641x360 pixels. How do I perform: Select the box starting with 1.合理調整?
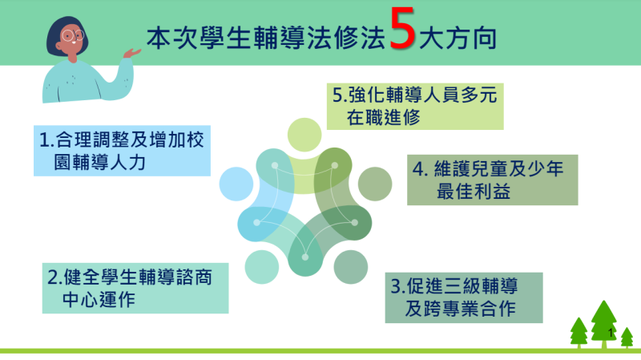click(x=122, y=150)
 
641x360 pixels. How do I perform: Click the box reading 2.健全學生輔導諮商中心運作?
click(x=135, y=289)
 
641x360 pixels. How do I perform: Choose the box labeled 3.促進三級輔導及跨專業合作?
click(x=463, y=297)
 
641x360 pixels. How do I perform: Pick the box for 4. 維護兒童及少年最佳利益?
click(x=492, y=180)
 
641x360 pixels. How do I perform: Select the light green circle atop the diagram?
click(x=304, y=133)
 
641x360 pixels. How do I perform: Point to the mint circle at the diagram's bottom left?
click(x=261, y=267)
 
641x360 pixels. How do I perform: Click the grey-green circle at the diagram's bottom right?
click(x=350, y=266)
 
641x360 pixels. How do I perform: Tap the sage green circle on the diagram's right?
click(x=373, y=184)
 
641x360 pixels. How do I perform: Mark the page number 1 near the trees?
click(x=611, y=332)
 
